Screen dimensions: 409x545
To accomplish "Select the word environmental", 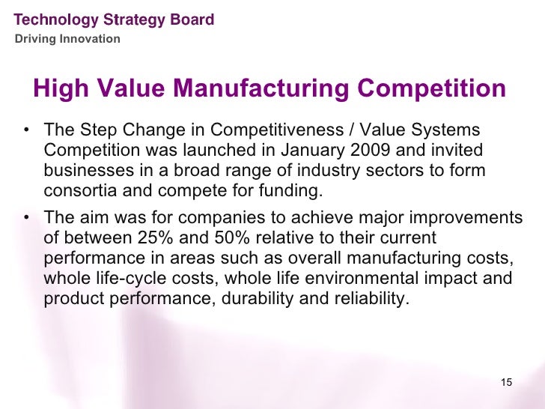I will tap(371, 279).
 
